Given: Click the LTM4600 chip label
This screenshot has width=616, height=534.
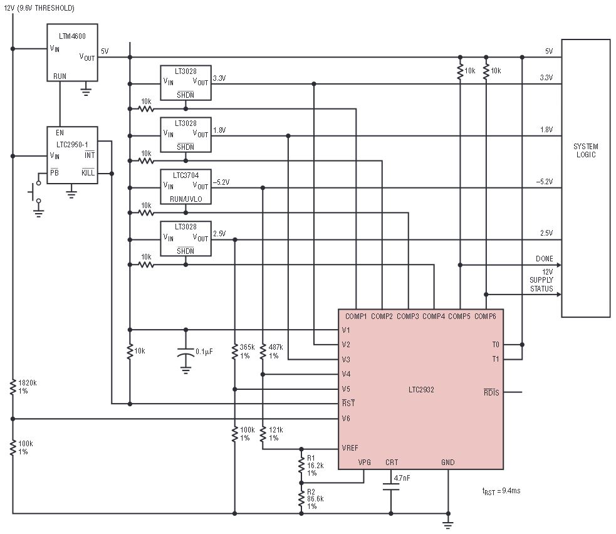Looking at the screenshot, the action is (72, 36).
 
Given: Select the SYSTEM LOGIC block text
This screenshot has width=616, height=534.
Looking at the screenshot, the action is (586, 150).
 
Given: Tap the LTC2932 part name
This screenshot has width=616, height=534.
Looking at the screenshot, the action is (421, 390).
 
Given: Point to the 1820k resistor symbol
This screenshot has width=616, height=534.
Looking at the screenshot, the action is (13, 387).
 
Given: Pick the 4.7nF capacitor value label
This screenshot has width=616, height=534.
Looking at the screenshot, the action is (402, 478).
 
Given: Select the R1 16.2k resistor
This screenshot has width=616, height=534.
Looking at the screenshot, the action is (301, 466).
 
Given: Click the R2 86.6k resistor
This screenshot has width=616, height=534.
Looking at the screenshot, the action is (301, 499).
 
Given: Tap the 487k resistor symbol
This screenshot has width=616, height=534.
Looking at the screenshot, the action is (263, 352).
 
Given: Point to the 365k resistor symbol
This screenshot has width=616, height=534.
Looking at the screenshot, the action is (234, 352).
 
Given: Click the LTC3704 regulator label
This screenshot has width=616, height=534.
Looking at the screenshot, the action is (186, 175).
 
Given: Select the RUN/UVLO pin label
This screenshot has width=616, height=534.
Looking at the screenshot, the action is (186, 199).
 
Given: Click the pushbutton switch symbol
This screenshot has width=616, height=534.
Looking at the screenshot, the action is (35, 192).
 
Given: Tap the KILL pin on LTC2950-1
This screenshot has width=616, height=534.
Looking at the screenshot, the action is (88, 172).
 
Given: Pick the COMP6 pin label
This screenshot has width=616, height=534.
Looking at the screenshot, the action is (485, 317).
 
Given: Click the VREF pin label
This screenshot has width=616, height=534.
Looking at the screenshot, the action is (350, 448).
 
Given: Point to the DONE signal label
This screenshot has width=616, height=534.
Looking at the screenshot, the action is (545, 259).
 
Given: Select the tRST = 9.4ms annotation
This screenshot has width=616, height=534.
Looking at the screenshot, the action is (501, 491).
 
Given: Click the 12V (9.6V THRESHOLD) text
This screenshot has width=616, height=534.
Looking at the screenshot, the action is (39, 8).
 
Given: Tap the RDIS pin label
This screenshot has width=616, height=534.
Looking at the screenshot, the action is (491, 392).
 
